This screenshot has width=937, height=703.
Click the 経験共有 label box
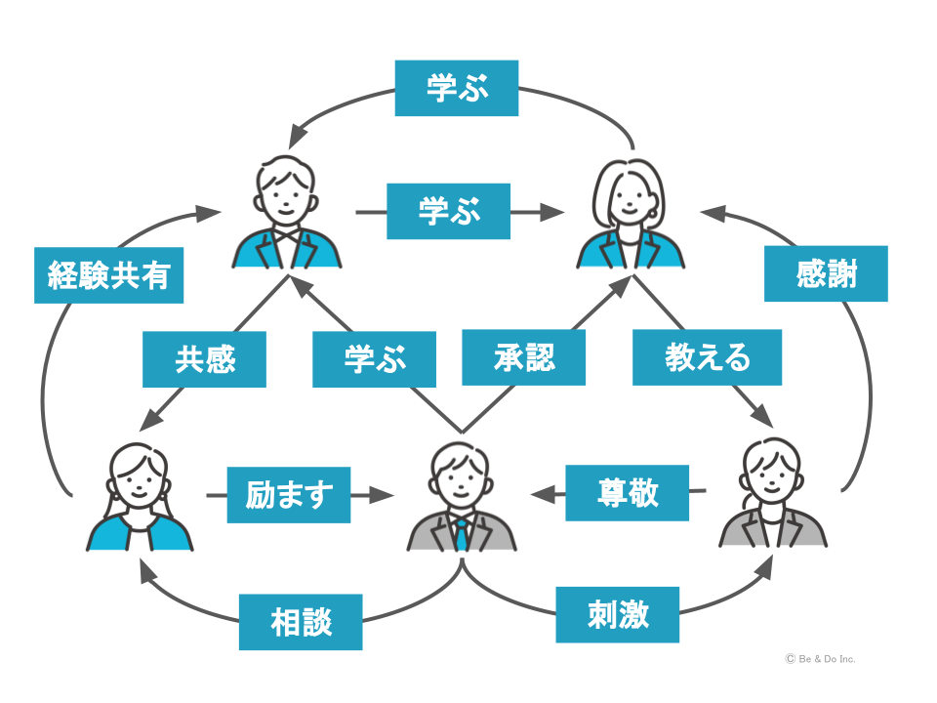tap(108, 275)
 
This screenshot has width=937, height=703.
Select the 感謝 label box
tap(827, 273)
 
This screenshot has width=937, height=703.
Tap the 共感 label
tap(204, 359)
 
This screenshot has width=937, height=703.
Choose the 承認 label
tap(524, 357)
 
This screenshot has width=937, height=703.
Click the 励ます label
tap(288, 495)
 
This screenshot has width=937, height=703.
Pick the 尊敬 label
tap(628, 492)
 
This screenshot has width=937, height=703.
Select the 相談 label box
tap(301, 622)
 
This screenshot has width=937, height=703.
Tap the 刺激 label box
tap(618, 615)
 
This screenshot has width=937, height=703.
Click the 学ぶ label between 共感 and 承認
tap(374, 359)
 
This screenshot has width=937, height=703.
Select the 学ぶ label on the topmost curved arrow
tap(457, 88)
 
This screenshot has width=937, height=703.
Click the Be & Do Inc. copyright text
tap(820, 659)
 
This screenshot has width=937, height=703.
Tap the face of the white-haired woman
tap(631, 198)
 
